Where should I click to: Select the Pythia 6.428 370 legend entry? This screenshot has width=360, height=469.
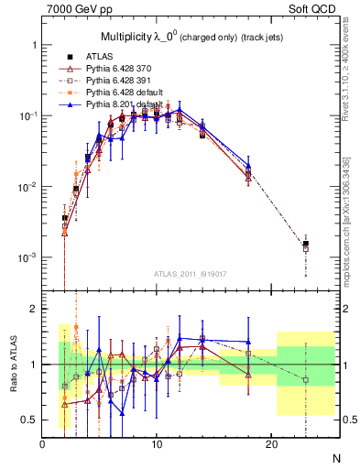tap(108, 69)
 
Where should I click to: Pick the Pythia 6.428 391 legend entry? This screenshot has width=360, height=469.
tap(108, 81)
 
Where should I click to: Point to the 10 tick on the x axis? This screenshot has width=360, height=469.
tap(157, 445)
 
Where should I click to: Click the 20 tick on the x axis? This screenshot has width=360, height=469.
tap(271, 445)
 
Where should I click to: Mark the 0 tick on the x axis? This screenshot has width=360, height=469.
tap(42, 445)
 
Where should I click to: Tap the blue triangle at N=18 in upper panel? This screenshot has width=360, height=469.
tap(248, 165)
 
